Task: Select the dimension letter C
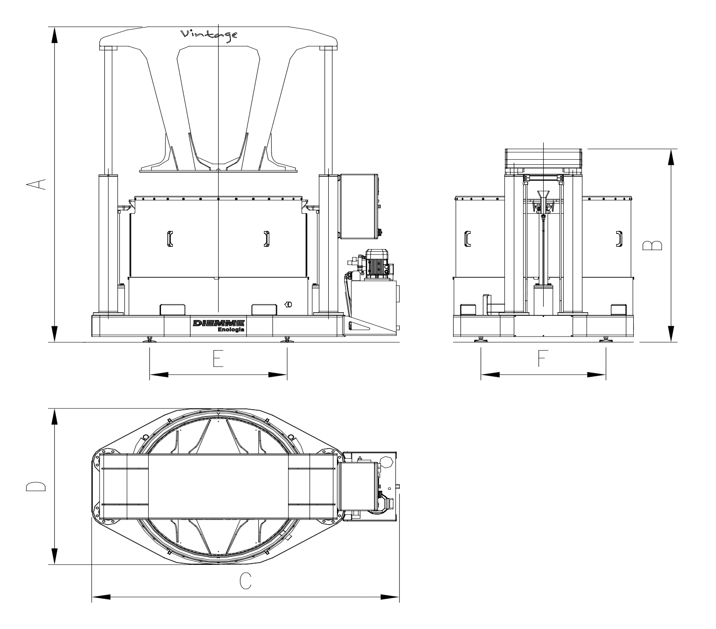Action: tap(246, 582)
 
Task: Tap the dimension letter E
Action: tap(218, 359)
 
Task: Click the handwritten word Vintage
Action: tap(209, 36)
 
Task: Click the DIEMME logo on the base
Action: tap(219, 323)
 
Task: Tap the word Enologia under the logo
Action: tap(231, 330)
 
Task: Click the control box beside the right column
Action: tap(359, 206)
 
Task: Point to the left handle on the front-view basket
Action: tap(170, 239)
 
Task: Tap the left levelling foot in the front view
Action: tap(150, 339)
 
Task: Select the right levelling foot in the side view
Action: tap(606, 339)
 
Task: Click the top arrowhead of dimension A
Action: tap(54, 35)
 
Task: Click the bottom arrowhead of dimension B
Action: tap(671, 333)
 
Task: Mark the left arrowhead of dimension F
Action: tap(490, 374)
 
